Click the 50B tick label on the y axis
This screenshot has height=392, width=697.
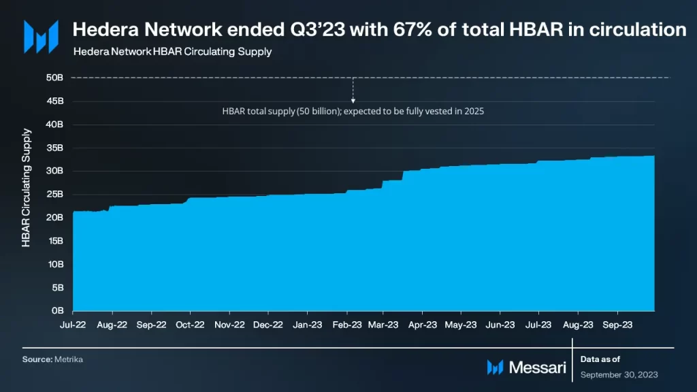tap(55, 78)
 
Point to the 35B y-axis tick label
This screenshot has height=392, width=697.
tap(55, 148)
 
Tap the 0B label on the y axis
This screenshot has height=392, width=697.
tap(58, 310)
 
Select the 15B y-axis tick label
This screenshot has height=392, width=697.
tap(55, 241)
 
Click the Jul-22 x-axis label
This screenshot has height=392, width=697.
tap(73, 325)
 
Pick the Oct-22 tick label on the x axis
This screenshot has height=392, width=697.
tap(191, 325)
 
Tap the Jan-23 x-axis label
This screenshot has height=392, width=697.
tap(308, 325)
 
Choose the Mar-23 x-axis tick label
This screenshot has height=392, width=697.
tap(383, 325)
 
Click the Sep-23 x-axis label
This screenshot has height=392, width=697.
tap(618, 325)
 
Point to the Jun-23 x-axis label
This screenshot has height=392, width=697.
tap(500, 325)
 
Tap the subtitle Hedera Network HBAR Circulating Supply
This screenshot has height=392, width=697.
tap(172, 52)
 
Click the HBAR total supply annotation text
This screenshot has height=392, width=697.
tap(353, 111)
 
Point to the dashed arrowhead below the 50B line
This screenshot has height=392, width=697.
tap(353, 101)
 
